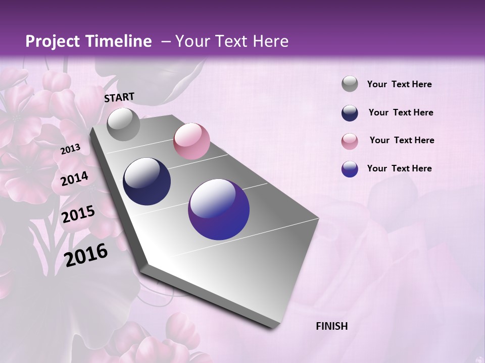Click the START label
[119, 97]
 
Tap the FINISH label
[332, 326]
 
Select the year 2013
[70, 149]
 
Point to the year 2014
[74, 178]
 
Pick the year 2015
[78, 214]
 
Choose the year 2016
[86, 255]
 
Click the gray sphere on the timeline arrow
[123, 125]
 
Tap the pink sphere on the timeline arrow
[191, 141]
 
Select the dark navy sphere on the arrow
[147, 181]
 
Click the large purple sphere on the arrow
[219, 209]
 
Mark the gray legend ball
[350, 84]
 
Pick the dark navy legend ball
[350, 113]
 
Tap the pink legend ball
[350, 141]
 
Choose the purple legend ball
[350, 169]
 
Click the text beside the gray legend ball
[399, 84]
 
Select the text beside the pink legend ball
[402, 140]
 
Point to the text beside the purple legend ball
[399, 168]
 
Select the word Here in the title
[270, 41]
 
